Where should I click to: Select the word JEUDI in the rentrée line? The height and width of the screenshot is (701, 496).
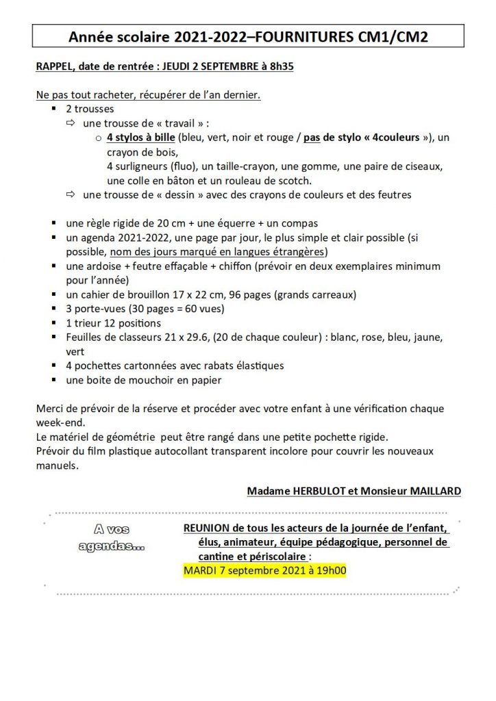175,67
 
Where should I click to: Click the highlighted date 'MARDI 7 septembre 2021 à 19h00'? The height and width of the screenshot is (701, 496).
264,570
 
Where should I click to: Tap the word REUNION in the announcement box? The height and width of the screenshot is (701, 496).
208,528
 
